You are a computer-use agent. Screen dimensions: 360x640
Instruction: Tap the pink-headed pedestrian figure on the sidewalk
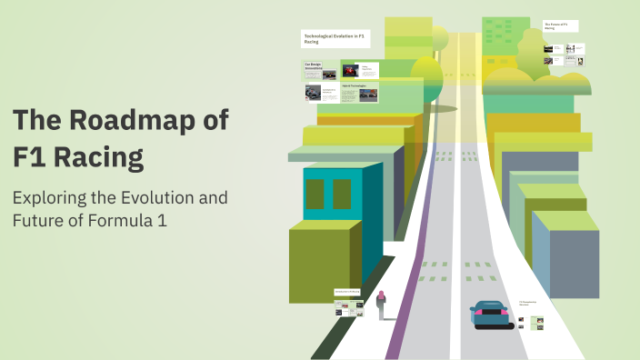[382, 305]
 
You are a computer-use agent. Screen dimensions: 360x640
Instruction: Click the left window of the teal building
[315, 194]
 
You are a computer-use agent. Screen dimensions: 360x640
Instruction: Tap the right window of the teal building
[342, 194]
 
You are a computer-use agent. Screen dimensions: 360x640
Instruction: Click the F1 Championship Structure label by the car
[528, 303]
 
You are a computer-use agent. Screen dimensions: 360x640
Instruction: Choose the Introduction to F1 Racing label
[347, 292]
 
